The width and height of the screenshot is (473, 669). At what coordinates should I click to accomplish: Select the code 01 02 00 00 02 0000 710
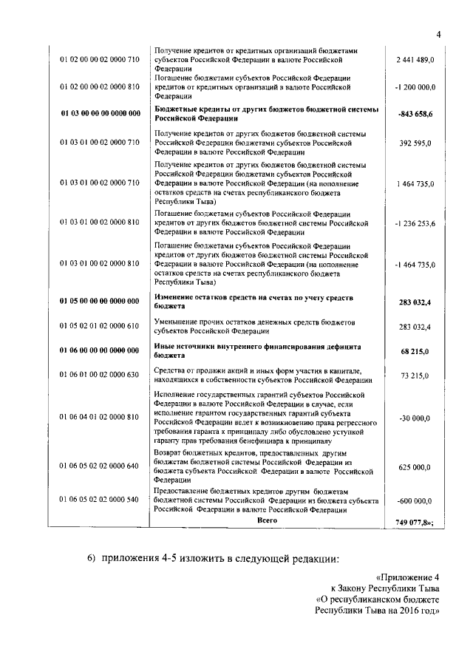[99, 59]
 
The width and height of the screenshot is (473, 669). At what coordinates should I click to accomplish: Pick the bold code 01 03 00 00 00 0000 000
[99, 115]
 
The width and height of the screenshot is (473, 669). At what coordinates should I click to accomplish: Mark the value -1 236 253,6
[415, 223]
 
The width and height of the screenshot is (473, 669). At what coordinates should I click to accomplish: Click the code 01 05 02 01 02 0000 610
[99, 326]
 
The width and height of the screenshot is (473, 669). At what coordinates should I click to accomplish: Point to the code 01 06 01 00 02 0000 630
[99, 376]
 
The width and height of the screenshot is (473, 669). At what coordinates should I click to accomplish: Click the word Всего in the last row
[267, 521]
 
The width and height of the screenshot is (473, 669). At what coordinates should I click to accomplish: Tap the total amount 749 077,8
[415, 523]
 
